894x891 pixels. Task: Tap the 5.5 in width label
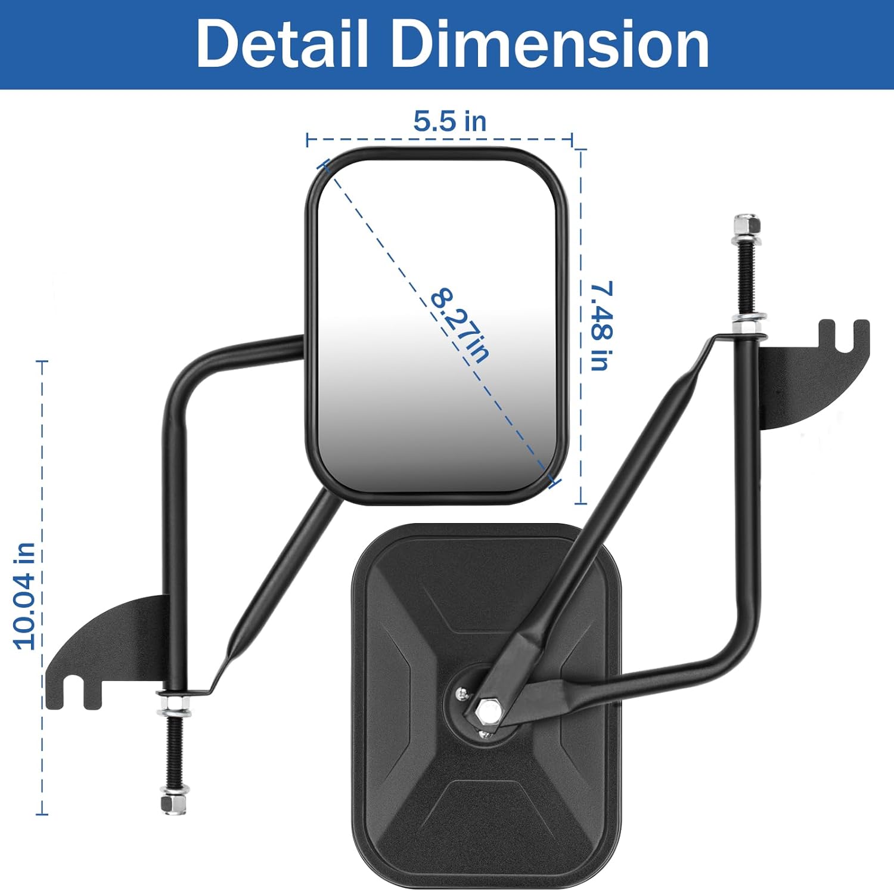click(450, 121)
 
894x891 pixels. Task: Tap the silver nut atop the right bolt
click(747, 224)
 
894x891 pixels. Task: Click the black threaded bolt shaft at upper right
click(746, 274)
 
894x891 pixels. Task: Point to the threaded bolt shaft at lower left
click(174, 751)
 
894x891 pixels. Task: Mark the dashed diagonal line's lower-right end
click(552, 481)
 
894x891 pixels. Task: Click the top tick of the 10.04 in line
click(42, 361)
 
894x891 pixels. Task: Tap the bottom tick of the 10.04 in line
click(42, 813)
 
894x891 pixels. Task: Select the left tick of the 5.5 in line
click(307, 140)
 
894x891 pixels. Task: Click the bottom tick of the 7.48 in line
click(581, 503)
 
